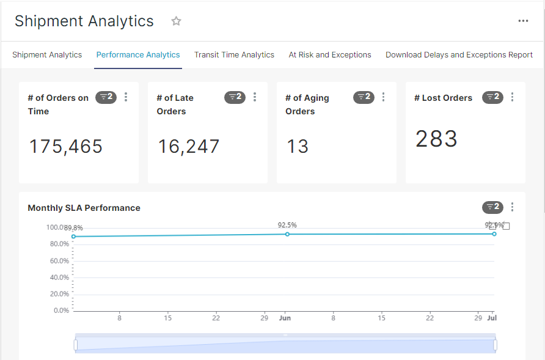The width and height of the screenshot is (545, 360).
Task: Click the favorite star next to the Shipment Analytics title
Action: click(176, 21)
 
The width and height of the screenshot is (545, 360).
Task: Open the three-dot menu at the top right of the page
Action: click(523, 21)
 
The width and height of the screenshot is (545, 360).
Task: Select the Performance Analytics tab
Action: click(138, 54)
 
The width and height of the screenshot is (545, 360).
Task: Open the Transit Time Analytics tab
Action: click(234, 54)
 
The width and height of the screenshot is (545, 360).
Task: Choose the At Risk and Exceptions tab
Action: click(330, 54)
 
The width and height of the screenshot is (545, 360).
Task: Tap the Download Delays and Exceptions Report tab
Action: click(459, 54)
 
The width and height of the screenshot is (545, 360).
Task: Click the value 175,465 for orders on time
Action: click(66, 146)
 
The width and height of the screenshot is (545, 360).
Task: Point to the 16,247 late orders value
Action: click(188, 146)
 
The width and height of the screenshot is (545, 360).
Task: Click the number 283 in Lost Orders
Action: click(436, 138)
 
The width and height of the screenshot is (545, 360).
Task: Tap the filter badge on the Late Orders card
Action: click(235, 97)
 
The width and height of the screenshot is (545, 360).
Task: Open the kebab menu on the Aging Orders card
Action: click(383, 97)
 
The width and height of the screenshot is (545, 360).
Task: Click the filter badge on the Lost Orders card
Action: click(492, 97)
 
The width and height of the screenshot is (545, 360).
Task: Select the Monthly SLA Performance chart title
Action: click(84, 208)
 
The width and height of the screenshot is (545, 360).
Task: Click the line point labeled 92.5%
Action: click(287, 235)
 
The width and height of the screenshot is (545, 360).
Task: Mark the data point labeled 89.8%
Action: click(73, 237)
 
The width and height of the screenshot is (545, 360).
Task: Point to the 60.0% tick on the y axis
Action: click(59, 261)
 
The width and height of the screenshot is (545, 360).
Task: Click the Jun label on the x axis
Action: click(285, 318)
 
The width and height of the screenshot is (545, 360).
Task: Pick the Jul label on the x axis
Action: click(492, 318)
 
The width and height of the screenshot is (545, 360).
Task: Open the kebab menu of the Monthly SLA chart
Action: click(512, 207)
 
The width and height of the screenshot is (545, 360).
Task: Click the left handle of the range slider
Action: click(76, 345)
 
